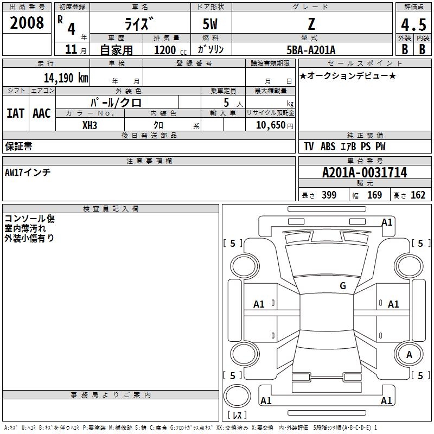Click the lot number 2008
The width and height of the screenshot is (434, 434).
click(27, 23)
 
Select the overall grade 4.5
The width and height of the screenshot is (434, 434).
click(413, 24)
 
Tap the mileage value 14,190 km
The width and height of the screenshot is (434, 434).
click(66, 78)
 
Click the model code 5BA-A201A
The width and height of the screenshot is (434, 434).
click(311, 50)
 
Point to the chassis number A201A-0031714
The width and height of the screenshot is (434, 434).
click(365, 173)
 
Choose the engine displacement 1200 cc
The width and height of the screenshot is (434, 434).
click(170, 50)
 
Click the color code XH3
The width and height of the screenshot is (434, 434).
click(90, 125)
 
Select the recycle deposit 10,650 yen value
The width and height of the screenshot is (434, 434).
click(275, 125)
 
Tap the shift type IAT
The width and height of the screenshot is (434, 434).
click(15, 113)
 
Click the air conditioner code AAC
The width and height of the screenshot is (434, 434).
click(42, 113)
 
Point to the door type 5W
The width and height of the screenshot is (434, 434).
click(210, 24)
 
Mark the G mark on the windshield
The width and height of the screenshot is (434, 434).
click(343, 286)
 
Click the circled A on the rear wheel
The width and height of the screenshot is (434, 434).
click(409, 355)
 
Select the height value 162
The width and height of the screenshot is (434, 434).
click(418, 195)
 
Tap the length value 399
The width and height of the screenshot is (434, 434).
click(329, 195)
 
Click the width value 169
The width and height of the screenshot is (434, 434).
click(374, 195)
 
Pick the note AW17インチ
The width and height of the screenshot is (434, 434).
click(28, 173)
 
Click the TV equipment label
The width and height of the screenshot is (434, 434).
click(309, 146)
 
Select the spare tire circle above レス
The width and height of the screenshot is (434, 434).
click(237, 396)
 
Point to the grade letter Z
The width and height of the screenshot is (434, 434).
click(311, 24)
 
